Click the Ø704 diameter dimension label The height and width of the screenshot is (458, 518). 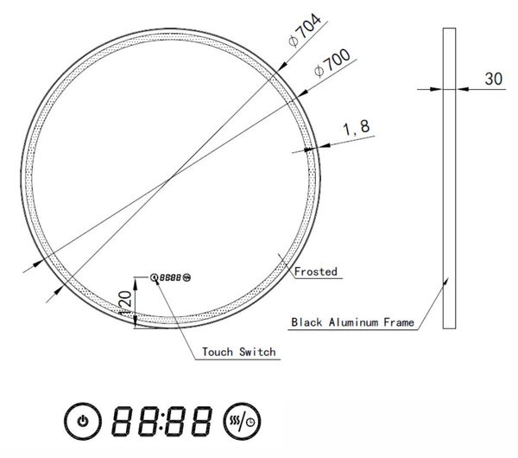[305, 30]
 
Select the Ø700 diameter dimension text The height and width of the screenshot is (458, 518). [332, 63]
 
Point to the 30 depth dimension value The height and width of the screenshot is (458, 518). [494, 79]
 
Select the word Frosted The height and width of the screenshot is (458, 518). [316, 271]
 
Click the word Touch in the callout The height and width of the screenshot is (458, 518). [218, 352]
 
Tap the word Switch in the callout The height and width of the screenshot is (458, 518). [257, 352]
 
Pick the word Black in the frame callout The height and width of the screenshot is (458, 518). [306, 322]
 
